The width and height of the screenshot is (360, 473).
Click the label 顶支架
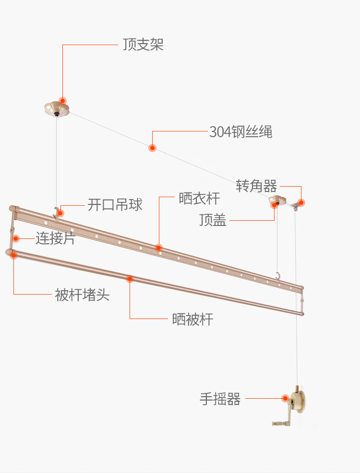tap(143, 45)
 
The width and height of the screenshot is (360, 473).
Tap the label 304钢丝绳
tap(240, 132)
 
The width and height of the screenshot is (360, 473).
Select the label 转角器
tap(256, 186)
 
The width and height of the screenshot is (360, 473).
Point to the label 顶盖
tap(213, 220)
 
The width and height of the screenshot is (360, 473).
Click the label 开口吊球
tap(115, 205)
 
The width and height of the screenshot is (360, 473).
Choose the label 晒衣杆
tap(199, 198)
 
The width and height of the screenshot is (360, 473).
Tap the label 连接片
tap(55, 238)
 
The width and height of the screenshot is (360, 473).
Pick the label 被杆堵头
tap(82, 295)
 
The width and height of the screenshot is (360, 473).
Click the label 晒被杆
tap(192, 319)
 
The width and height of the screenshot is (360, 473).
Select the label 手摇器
tap(220, 399)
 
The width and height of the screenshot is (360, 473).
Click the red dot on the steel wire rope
tap(152, 148)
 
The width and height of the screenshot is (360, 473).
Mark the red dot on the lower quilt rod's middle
tap(130, 279)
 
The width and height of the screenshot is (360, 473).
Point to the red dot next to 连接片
tap(16, 238)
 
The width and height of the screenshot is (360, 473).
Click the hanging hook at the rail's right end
tap(277, 276)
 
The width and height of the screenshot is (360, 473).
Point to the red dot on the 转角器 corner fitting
tap(301, 202)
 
